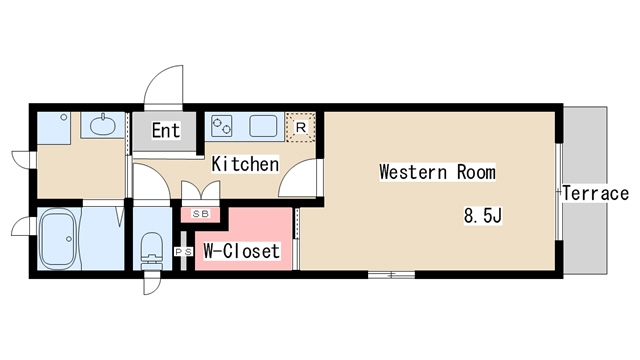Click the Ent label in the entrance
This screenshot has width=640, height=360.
(x=166, y=131)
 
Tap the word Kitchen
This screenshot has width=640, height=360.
(x=245, y=164)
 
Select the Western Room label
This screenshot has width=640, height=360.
(x=438, y=172)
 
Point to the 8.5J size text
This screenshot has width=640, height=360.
(x=483, y=216)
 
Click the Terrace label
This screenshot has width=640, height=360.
(x=596, y=193)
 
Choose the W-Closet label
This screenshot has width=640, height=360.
(x=242, y=251)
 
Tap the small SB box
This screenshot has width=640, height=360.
(x=200, y=214)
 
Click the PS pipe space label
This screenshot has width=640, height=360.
(x=184, y=252)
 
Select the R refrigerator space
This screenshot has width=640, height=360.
(x=300, y=127)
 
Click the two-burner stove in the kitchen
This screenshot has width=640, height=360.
(x=222, y=126)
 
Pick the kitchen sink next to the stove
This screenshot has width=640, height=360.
(x=263, y=126)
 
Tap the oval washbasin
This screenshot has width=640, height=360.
(x=102, y=125)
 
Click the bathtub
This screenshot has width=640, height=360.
(x=57, y=239)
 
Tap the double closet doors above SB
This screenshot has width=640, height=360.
(x=200, y=191)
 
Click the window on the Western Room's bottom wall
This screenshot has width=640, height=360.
(x=391, y=275)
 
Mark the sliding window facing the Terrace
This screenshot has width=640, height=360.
(x=559, y=192)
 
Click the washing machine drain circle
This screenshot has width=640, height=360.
(x=64, y=117)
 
